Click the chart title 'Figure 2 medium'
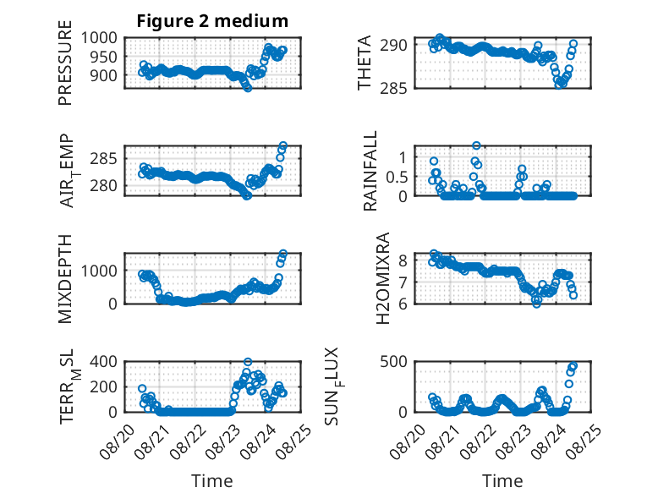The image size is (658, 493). (212, 21)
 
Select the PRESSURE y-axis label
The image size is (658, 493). (65, 63)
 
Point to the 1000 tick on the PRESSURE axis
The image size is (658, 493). (99, 38)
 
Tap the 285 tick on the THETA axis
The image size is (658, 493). (393, 89)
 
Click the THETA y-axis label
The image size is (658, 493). (365, 63)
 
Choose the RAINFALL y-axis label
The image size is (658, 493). (370, 171)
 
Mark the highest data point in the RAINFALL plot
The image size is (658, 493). (476, 145)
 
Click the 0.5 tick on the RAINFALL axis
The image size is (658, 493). (397, 177)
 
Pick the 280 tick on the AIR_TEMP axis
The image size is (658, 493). (104, 185)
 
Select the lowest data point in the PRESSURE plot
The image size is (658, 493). (248, 88)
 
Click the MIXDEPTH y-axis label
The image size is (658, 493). (65, 279)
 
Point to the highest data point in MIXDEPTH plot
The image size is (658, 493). (283, 254)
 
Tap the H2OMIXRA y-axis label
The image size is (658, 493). (383, 278)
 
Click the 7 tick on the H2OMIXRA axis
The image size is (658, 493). (403, 282)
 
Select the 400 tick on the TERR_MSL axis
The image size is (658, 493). (104, 361)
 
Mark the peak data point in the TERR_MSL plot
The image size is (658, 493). (248, 362)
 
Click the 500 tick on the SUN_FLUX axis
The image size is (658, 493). (393, 361)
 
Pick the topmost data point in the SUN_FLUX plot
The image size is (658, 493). (573, 366)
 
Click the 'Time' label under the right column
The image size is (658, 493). (502, 481)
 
